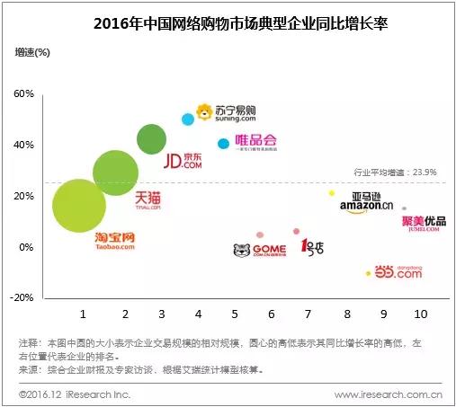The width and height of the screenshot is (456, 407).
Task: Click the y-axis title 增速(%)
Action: (x=33, y=52)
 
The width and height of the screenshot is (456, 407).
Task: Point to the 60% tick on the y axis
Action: (x=23, y=94)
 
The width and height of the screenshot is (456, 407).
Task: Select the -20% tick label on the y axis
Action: (x=22, y=297)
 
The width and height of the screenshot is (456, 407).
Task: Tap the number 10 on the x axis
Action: (x=420, y=314)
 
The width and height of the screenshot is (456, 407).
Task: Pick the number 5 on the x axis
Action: (x=234, y=314)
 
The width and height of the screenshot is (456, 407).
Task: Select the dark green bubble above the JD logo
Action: (x=152, y=138)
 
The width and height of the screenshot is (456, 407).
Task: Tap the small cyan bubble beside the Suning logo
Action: (x=188, y=119)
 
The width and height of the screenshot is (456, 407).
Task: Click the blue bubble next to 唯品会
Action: (x=223, y=144)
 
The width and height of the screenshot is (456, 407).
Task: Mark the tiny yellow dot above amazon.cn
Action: (x=332, y=193)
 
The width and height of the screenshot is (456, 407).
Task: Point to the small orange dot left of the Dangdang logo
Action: (x=368, y=273)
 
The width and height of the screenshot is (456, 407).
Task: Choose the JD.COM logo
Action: (x=183, y=161)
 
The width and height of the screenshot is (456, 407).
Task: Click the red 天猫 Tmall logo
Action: (x=148, y=199)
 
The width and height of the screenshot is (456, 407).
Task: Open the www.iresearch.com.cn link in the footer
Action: (x=388, y=394)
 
